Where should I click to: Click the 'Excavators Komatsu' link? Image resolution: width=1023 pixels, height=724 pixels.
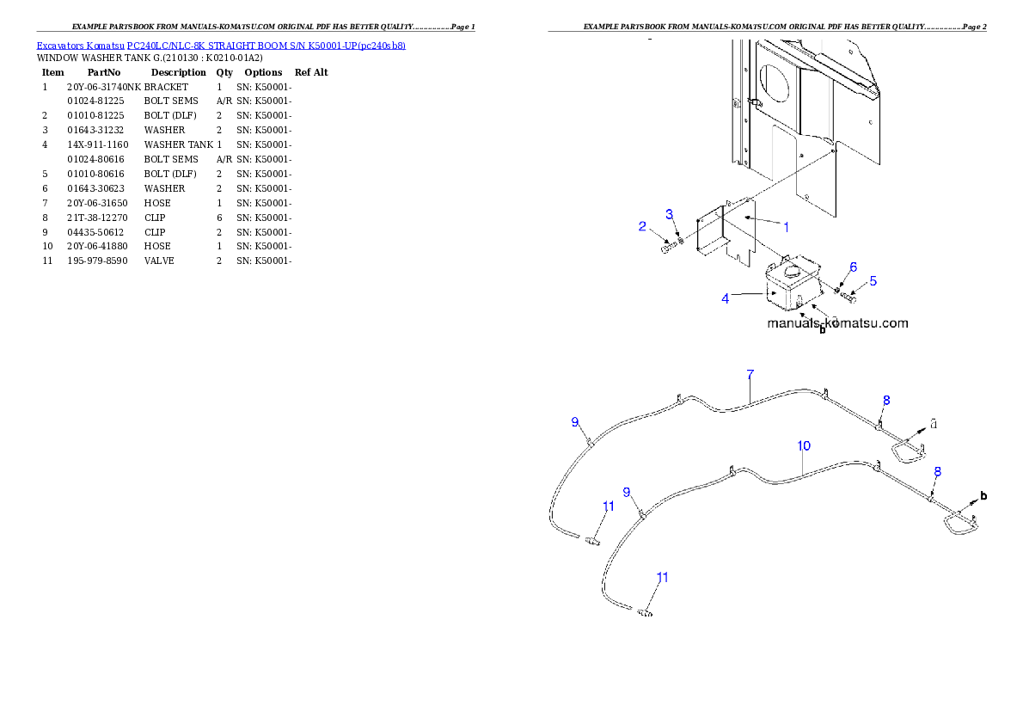point(80,46)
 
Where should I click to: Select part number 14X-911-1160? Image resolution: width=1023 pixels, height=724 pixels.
point(98,145)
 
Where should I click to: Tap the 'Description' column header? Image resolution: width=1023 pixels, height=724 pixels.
point(178,72)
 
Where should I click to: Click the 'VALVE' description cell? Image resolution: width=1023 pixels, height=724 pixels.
point(159,261)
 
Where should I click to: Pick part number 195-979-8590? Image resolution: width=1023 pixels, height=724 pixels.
point(97,261)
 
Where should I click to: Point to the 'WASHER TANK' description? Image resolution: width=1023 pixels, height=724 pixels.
point(178,145)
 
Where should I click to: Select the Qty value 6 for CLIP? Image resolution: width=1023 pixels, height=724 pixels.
point(219,218)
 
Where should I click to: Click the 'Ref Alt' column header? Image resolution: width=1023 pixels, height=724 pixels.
point(311,72)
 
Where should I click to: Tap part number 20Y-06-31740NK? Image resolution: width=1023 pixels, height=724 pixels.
point(104,87)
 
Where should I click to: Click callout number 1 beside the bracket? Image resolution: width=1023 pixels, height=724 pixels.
point(787,227)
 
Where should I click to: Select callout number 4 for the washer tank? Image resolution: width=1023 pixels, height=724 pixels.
point(725,299)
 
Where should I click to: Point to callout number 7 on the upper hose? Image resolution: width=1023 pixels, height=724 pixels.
point(750,375)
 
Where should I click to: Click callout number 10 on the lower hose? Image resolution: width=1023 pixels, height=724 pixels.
point(804,445)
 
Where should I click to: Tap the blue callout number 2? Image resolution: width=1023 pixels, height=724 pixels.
point(642,226)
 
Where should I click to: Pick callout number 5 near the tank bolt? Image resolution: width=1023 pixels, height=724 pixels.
point(873,281)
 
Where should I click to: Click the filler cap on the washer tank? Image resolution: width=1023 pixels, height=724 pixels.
point(792,270)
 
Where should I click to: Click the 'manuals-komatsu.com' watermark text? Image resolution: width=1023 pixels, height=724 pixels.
point(837,323)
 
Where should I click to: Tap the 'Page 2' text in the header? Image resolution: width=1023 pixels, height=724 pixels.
point(974,27)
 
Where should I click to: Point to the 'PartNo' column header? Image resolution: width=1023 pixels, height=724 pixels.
point(104,72)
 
